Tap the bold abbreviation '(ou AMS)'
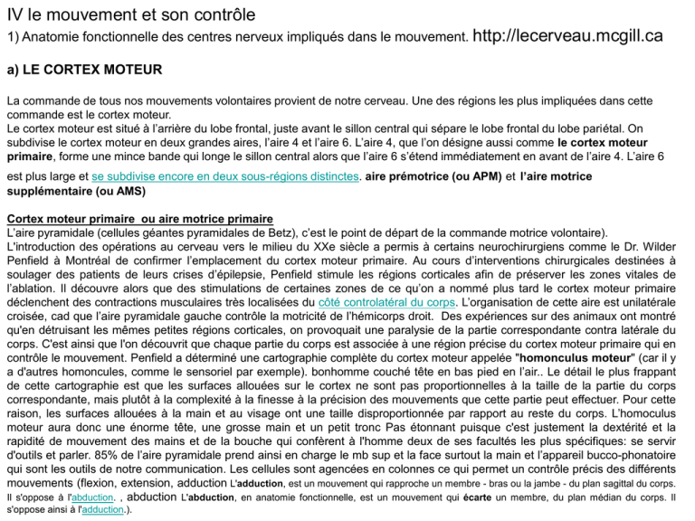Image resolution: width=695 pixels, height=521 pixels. click(x=117, y=192)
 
